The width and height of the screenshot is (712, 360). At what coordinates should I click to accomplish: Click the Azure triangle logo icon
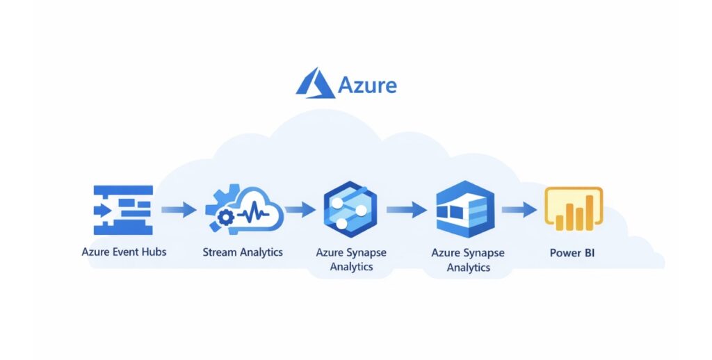point(315,83)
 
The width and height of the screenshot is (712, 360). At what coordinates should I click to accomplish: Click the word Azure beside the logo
point(367,85)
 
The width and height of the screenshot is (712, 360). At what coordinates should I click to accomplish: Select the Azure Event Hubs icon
point(122,209)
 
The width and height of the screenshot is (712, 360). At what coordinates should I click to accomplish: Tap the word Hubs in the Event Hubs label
point(152,252)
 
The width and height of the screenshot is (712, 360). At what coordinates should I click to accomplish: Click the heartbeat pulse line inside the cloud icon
point(253,210)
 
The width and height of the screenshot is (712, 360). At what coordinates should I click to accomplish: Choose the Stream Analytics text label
point(243,252)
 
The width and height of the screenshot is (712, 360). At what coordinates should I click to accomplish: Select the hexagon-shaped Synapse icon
point(350,209)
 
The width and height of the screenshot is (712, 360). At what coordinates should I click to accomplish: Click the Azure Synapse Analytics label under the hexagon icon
point(351,259)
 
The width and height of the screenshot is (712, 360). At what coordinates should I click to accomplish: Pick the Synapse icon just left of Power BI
point(465,209)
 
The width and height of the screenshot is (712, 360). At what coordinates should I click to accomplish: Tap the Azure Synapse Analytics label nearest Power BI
point(468,260)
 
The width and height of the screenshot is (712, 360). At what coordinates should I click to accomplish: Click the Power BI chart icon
point(573,208)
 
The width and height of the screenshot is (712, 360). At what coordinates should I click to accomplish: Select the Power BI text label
point(572,252)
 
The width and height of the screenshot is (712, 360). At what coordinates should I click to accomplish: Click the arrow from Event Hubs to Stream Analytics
point(179,208)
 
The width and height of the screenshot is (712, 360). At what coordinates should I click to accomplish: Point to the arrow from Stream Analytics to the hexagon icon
point(300,208)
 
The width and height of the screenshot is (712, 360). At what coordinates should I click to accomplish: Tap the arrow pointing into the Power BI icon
point(518,208)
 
